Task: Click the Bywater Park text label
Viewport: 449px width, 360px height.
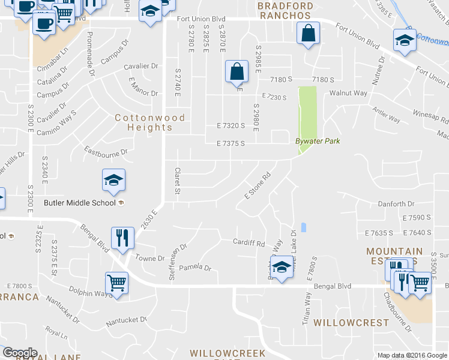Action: click(318, 141)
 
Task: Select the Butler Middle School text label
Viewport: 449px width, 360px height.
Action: click(80, 202)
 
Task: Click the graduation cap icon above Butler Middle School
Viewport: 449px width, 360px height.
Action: click(113, 181)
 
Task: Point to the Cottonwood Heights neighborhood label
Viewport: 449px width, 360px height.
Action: click(144, 122)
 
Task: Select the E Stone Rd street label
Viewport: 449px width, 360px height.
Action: click(255, 187)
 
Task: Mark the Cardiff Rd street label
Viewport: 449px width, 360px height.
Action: click(249, 244)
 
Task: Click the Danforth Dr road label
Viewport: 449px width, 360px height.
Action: click(396, 204)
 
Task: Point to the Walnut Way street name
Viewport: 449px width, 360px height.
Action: click(349, 93)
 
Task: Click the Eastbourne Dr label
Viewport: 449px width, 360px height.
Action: click(106, 151)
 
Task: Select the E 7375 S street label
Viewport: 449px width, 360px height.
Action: click(231, 143)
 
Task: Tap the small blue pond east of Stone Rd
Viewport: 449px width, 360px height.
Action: click(304, 227)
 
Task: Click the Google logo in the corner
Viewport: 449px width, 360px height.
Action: click(19, 353)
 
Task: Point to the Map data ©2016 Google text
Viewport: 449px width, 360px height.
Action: click(412, 355)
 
